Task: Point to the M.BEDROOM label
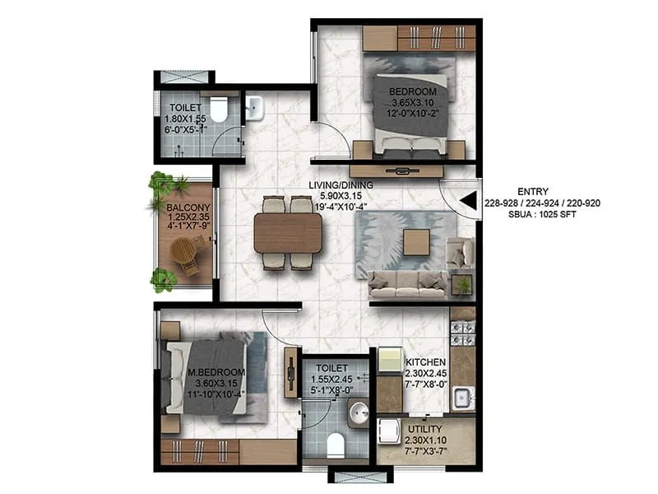click(x=216, y=372)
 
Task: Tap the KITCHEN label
click(x=425, y=362)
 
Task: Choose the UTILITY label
click(x=425, y=430)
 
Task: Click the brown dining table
click(x=288, y=233)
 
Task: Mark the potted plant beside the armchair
click(x=465, y=285)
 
